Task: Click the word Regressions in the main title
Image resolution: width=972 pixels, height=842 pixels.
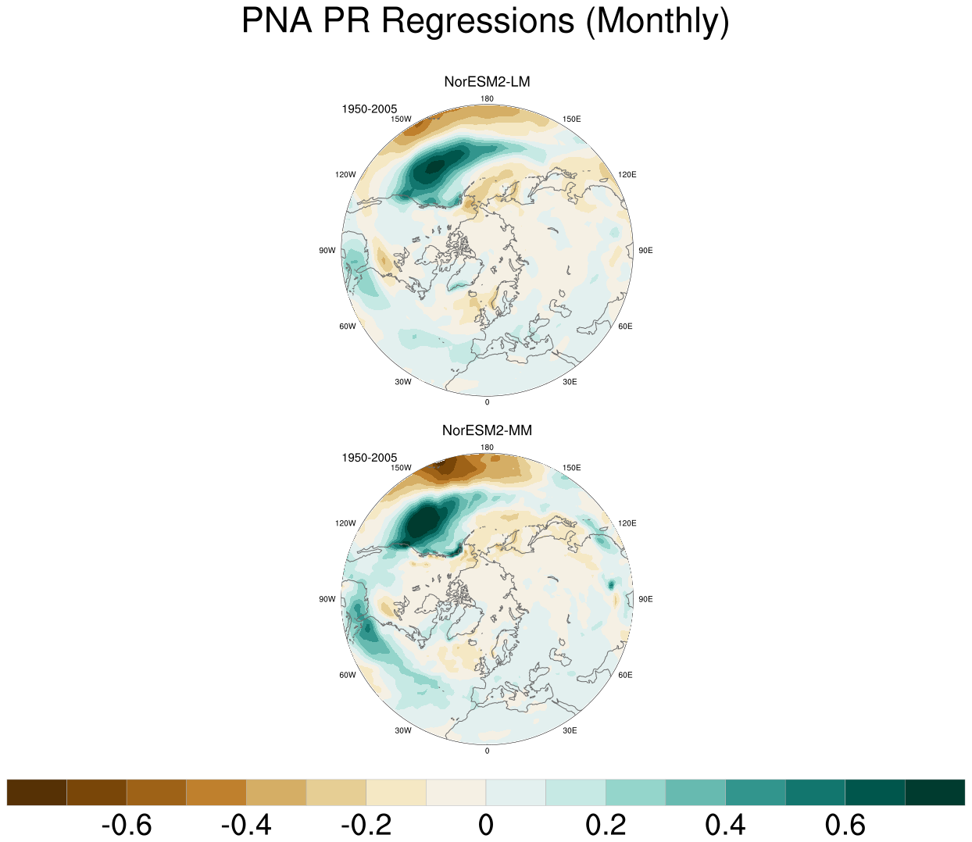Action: [478, 22]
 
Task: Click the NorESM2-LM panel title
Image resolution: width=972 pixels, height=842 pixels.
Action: [487, 82]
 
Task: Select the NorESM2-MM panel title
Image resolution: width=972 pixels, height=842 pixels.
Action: [487, 430]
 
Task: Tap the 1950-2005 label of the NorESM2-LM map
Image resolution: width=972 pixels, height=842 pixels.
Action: [369, 109]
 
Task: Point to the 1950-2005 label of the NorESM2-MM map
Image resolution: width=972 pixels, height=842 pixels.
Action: [369, 458]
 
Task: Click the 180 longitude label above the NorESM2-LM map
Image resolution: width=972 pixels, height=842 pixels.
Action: [487, 98]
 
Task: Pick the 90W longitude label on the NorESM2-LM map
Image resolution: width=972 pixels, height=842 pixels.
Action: [327, 250]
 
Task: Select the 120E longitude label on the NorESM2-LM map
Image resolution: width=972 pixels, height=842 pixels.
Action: [627, 174]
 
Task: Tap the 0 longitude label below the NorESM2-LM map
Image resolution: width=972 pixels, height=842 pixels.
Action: [487, 402]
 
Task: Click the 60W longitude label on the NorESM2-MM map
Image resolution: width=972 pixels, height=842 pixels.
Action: [348, 675]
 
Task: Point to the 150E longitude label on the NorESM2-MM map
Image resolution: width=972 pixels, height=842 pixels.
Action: [571, 467]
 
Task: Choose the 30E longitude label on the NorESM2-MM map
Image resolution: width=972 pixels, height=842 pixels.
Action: [570, 730]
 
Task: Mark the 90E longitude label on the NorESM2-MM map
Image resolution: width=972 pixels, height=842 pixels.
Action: [645, 599]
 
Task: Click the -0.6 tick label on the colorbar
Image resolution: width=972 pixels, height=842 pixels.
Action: [127, 825]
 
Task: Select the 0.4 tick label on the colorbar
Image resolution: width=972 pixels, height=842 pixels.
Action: [725, 825]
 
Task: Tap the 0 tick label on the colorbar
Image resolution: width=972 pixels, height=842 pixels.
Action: [486, 825]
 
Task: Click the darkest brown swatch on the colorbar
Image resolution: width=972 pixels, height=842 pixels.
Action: [37, 792]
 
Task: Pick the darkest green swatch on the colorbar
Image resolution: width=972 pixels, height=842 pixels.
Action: [934, 792]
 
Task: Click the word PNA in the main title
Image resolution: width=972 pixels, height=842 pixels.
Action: [277, 20]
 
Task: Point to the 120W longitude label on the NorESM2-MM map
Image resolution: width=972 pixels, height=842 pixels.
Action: [345, 523]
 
